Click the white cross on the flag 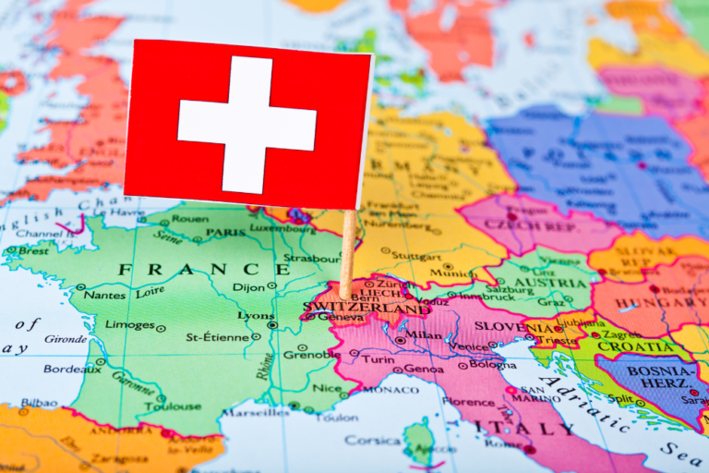tap(247, 125)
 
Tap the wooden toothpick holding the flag tap(347, 254)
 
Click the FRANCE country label tap(190, 269)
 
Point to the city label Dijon tap(247, 287)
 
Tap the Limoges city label tap(129, 325)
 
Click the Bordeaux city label tap(71, 369)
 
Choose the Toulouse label tap(173, 406)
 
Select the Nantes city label tap(104, 294)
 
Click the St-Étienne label tap(217, 337)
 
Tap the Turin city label tap(377, 358)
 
